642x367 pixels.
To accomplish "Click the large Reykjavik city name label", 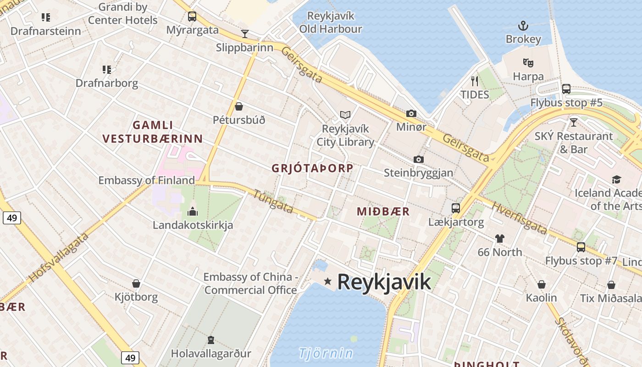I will coord(384,282).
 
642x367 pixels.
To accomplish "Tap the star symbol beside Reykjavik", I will coord(327,281).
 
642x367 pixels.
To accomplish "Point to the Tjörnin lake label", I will coord(326,353).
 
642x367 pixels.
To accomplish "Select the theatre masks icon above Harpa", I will coord(528,62).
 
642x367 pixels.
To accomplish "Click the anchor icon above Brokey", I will coord(523,26).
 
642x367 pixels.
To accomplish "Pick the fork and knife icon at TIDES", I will coord(475,81).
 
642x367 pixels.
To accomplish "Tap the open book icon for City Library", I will coord(345,115).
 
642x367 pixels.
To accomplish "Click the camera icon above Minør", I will coord(411,113).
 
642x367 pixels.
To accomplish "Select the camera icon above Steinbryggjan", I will coord(418,159).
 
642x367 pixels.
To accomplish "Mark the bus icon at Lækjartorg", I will coord(455,208).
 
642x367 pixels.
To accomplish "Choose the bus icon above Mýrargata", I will coord(192,17).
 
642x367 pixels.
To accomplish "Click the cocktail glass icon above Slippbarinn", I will coord(245,33).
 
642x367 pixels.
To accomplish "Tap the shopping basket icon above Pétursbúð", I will coord(238,106).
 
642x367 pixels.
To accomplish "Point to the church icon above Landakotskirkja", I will coord(193,211).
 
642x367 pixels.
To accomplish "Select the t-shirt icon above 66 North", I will coord(499,239).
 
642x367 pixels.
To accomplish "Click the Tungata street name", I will coord(273,202).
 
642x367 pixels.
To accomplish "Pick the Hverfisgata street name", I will coord(519,218).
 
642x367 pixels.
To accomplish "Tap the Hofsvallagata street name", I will coord(58,257).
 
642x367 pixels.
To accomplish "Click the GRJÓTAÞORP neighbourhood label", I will coord(312,168).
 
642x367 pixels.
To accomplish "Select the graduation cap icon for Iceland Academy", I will coord(616,179).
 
